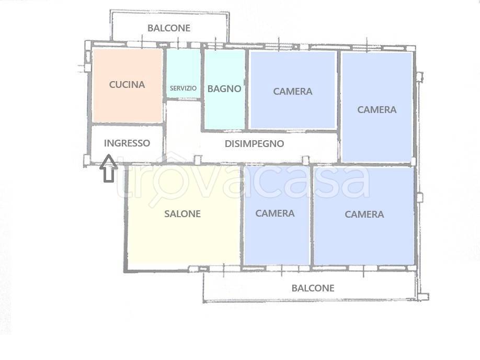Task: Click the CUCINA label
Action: pos(127,85)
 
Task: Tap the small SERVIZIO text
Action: pos(183,88)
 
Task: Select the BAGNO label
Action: pos(224,88)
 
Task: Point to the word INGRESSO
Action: pos(127,143)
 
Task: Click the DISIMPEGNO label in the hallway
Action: pos(255,143)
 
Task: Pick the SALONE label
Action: pos(182,213)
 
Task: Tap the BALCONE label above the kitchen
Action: pos(168,28)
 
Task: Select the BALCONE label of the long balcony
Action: pos(313,288)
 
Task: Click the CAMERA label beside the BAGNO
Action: pos(293,92)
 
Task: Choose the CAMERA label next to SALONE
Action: pos(275,213)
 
